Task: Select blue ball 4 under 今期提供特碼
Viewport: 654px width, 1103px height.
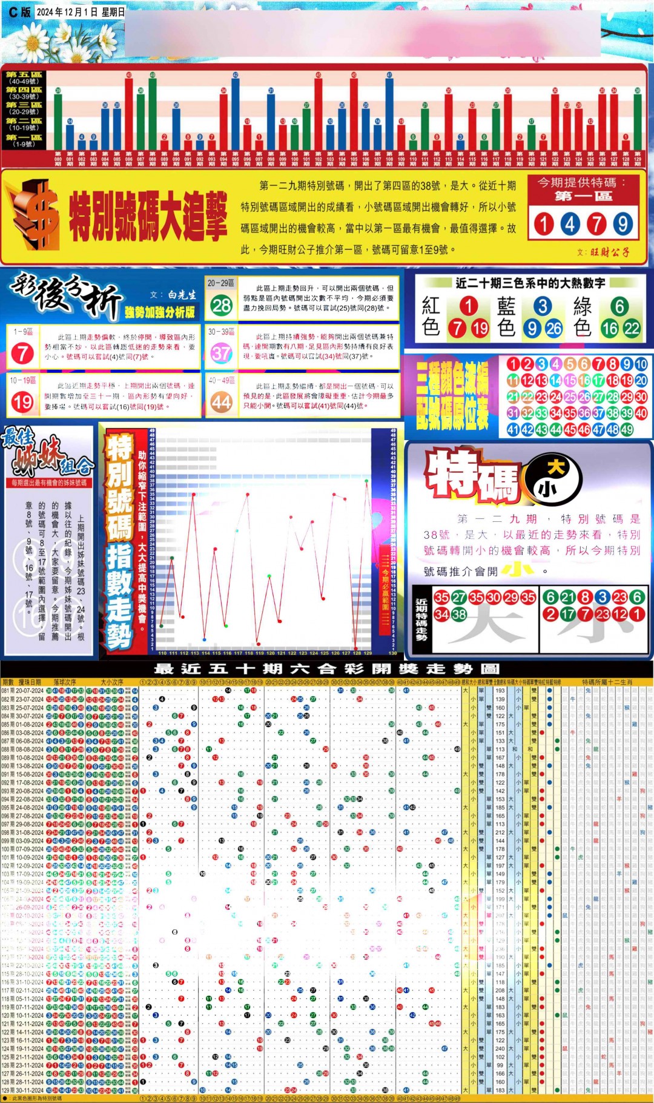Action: click(570, 224)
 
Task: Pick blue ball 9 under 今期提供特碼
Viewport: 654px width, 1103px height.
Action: click(623, 224)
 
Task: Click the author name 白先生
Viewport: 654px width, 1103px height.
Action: click(182, 295)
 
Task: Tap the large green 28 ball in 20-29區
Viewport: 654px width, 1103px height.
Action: click(221, 305)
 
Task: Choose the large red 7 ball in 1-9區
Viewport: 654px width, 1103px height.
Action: click(22, 352)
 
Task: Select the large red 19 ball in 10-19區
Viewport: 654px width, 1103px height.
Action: click(22, 401)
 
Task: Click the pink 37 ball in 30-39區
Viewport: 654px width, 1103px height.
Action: click(221, 352)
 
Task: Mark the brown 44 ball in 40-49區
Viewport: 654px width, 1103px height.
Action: click(221, 401)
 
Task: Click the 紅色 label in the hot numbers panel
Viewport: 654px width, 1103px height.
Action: click(431, 316)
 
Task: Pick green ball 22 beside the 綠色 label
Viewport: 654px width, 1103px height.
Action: click(632, 328)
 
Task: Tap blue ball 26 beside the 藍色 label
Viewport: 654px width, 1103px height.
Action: click(553, 328)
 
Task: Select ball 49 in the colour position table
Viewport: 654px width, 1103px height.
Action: click(626, 430)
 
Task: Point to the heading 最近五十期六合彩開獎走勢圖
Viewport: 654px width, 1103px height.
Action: click(327, 669)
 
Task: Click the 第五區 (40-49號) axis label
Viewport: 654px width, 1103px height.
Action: click(24, 78)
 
